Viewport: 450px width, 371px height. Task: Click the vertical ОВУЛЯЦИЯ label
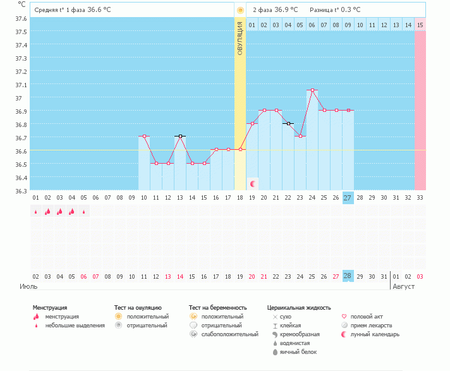point(240,38)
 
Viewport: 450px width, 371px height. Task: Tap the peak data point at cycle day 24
point(312,90)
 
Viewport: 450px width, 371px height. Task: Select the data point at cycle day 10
point(144,136)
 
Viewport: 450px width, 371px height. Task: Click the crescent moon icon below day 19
point(253,184)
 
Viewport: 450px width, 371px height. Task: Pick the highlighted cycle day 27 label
point(348,198)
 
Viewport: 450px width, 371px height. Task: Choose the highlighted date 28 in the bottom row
point(348,276)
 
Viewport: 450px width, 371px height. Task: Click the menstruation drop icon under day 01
point(36,212)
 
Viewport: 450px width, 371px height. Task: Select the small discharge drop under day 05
point(84,212)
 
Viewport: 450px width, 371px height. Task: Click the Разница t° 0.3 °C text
point(335,10)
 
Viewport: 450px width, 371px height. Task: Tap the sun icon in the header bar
point(240,10)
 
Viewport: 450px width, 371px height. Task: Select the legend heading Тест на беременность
point(216,308)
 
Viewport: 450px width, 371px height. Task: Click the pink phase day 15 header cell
point(420,25)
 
